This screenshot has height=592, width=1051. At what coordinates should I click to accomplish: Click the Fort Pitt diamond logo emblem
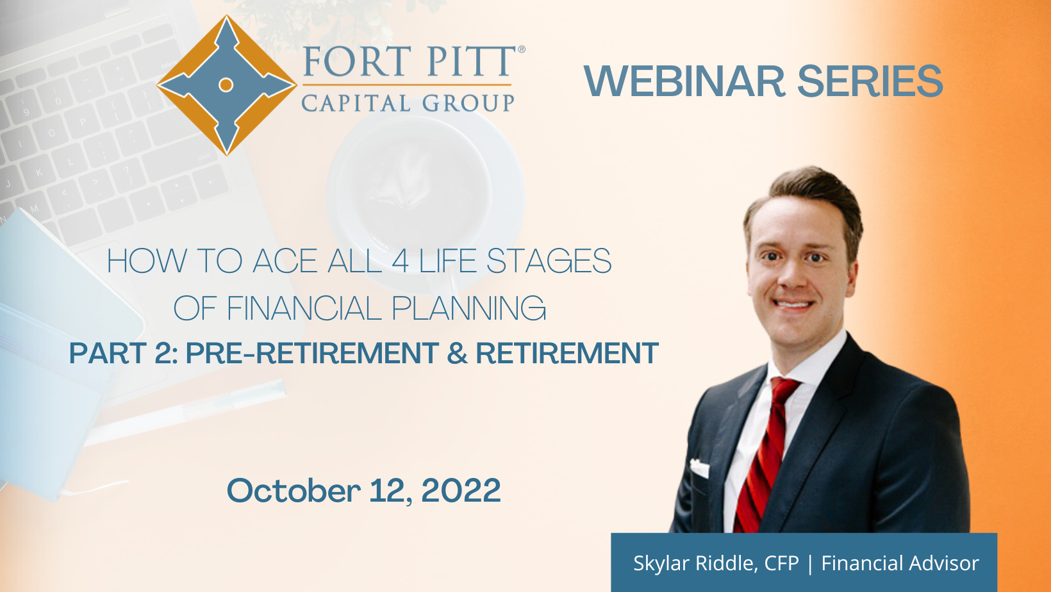pos(227,85)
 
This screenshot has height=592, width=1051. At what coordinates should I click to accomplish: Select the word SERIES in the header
pos(870,81)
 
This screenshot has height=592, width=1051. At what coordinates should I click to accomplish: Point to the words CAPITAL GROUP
pos(408,103)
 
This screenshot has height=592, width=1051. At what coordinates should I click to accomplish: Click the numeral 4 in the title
pos(401,261)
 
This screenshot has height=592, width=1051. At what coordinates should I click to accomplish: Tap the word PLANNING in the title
pos(468,308)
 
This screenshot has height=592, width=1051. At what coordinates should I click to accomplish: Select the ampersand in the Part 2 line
pos(458,353)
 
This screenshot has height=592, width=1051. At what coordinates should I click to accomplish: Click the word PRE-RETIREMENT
pos(313,353)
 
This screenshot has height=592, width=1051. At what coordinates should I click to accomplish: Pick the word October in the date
pos(294,491)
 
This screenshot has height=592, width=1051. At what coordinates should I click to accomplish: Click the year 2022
pos(461,491)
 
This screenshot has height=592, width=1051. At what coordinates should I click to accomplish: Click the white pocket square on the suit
pos(699,468)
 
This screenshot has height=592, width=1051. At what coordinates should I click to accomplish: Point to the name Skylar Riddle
pos(695,563)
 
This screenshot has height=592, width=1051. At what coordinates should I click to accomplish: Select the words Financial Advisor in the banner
pos(900,563)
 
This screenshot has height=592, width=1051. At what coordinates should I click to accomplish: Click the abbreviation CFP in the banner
pos(781,563)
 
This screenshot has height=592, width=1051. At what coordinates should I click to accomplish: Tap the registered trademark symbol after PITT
pos(521,49)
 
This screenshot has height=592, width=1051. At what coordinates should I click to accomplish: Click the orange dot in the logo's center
pos(226,85)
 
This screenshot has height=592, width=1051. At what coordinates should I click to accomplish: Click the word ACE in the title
pos(285,261)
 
